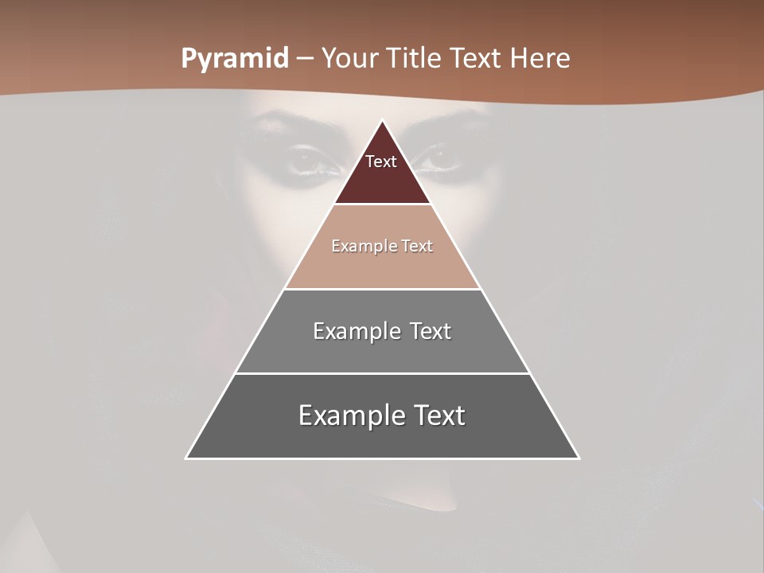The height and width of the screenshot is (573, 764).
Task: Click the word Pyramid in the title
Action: tap(235, 59)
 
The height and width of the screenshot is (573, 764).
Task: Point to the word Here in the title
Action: tap(540, 58)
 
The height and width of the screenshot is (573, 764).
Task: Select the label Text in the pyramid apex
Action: tap(381, 162)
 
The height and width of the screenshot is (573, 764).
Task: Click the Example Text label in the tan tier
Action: tap(382, 246)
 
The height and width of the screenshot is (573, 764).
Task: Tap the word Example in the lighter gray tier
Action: tap(354, 331)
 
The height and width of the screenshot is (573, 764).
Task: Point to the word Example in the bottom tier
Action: tap(348, 415)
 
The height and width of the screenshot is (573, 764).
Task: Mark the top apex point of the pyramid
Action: tap(382, 121)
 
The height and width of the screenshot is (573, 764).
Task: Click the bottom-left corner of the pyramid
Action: tap(187, 458)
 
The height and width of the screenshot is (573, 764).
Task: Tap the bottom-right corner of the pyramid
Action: tap(578, 458)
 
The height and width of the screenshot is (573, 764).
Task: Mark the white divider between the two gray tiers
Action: tap(382, 373)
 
